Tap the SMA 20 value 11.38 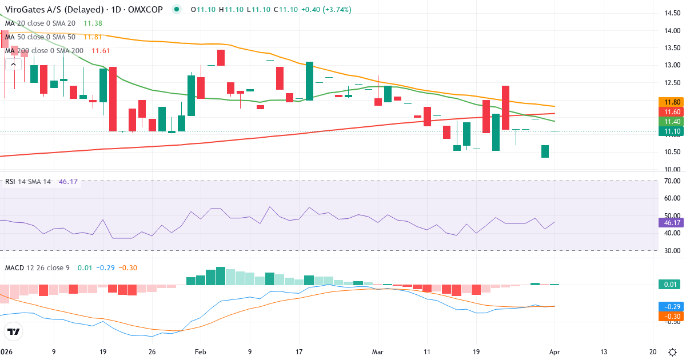[93, 23]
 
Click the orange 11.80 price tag [669, 102]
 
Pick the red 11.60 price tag [669, 112]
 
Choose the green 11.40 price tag [669, 122]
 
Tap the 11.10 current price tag [669, 131]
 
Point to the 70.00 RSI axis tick [668, 181]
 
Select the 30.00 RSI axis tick [668, 251]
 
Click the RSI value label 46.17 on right [669, 222]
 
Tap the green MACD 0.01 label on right [669, 285]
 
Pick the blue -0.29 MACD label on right [669, 306]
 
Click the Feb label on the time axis [200, 352]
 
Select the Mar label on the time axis [377, 352]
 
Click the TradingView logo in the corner [14, 332]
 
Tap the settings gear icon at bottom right [673, 352]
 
